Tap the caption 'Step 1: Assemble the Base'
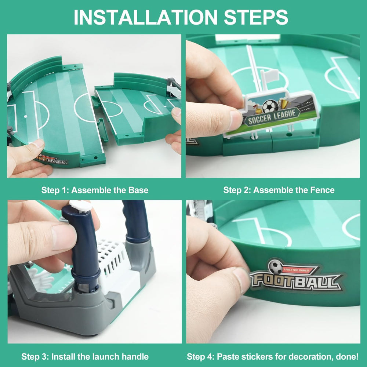[95, 190]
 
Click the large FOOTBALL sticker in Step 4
[295, 281]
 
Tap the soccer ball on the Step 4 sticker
[275, 267]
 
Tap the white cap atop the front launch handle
[81, 206]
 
